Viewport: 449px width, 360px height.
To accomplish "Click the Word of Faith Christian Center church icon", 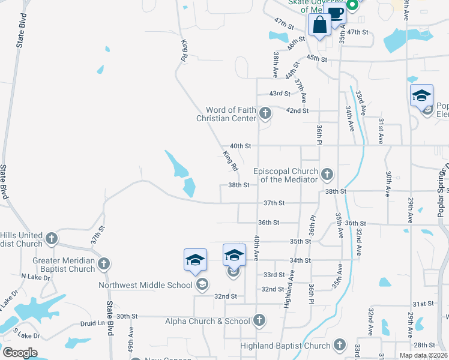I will pos(265,112).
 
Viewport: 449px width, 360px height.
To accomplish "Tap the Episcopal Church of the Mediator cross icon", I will pos(327,175).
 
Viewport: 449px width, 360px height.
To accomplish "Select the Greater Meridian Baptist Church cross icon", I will pos(104,263).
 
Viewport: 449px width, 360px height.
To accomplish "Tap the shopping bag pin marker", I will pos(319,26).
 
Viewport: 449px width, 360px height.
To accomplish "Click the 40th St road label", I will pos(240,146).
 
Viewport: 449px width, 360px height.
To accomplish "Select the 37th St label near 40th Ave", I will pos(274,203).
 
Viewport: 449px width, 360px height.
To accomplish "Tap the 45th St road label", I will pos(316,59).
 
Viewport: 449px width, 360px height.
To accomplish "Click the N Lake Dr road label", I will pos(33,277).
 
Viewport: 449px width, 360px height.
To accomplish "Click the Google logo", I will pos(20,353).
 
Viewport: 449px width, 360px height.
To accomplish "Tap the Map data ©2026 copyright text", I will pos(423,355).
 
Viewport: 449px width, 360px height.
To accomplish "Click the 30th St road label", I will pos(127,316).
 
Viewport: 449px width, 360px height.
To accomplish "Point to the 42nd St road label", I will pos(297,110).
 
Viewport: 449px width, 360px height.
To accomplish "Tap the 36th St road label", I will pos(268,223).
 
